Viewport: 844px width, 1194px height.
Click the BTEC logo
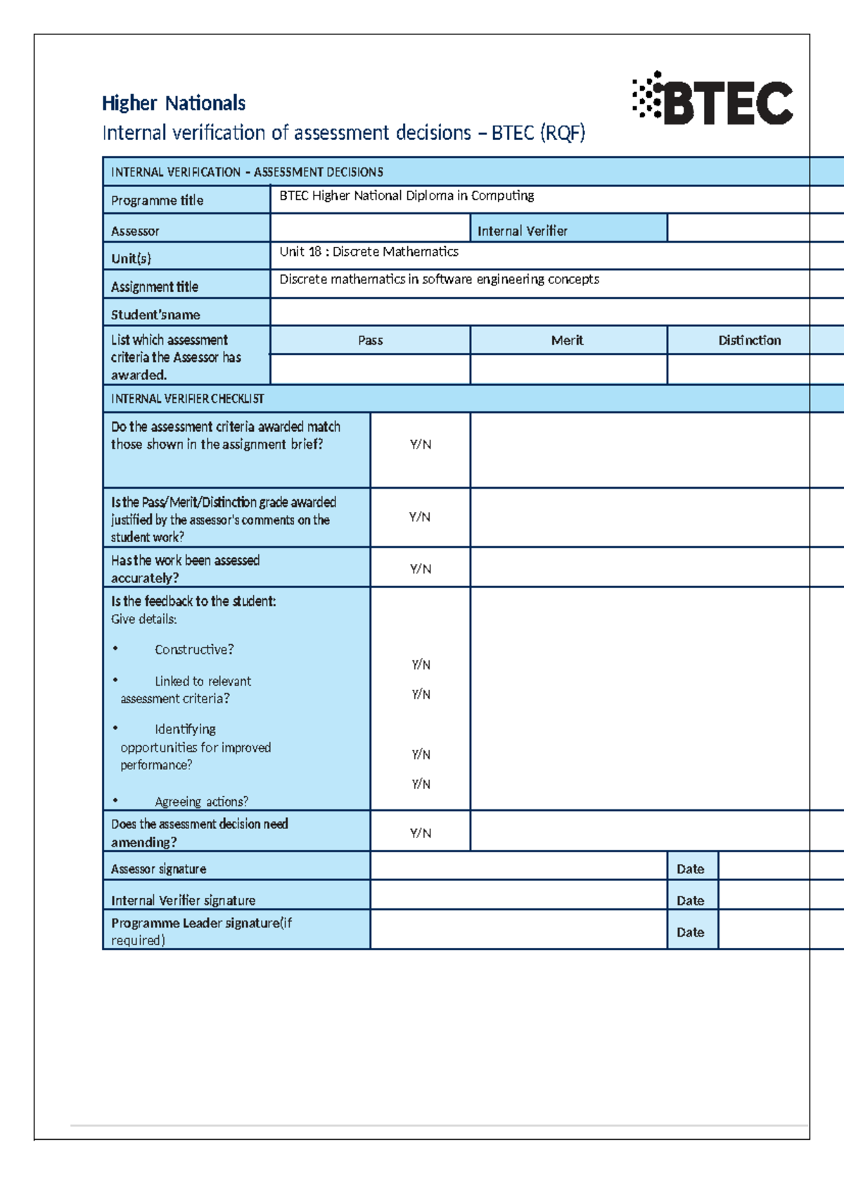click(x=712, y=101)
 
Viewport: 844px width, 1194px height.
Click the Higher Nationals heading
click(x=173, y=103)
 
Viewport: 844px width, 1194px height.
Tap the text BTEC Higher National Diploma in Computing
click(x=407, y=195)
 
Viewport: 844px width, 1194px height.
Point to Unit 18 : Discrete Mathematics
click(x=369, y=252)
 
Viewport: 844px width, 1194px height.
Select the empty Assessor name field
click(x=370, y=229)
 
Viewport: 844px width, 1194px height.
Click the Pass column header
click(x=370, y=340)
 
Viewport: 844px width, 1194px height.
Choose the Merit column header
click(x=567, y=340)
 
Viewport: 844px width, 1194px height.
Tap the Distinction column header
click(x=749, y=340)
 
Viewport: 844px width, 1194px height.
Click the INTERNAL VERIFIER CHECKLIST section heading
click(x=187, y=399)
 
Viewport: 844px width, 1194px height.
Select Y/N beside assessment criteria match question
click(x=421, y=444)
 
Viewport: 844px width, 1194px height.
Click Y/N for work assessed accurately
click(x=421, y=568)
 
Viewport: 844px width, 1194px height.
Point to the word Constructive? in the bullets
click(x=194, y=650)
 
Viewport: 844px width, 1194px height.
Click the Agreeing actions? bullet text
click(x=201, y=802)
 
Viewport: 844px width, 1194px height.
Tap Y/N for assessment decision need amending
click(x=421, y=833)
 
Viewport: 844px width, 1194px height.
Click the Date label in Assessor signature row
click(x=690, y=869)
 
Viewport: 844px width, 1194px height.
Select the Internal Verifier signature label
click(x=183, y=900)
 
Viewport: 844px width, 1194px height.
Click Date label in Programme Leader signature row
click(x=690, y=932)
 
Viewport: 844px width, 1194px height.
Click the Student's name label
click(x=155, y=315)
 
